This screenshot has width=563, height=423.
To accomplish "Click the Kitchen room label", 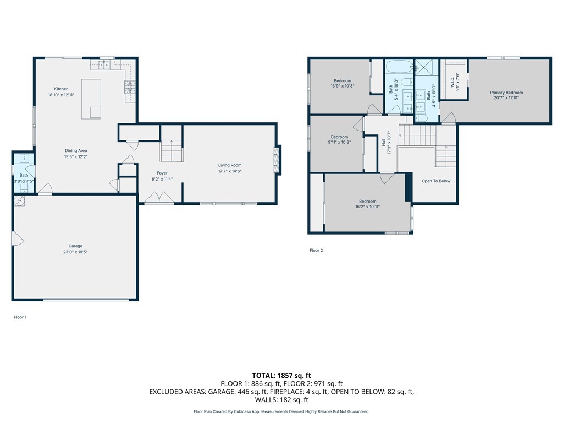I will [x=61, y=89].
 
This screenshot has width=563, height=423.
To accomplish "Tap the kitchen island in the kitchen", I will [x=91, y=99].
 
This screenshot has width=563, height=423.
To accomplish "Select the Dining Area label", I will [x=76, y=150].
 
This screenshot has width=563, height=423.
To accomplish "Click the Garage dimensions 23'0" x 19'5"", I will [x=75, y=252].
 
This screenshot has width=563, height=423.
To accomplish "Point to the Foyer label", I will [x=162, y=173].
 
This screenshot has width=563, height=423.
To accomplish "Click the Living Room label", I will [x=229, y=165].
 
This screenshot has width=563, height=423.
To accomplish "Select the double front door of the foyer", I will [x=159, y=198].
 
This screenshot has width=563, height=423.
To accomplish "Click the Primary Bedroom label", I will [x=506, y=93].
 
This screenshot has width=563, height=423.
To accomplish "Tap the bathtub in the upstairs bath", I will [x=399, y=68].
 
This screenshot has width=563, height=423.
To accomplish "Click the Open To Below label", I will [x=435, y=181].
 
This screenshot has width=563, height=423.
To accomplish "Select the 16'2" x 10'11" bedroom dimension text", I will [x=368, y=207].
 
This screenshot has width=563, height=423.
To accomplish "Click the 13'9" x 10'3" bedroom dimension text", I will [x=342, y=86].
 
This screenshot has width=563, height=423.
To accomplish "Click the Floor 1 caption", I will [x=20, y=317].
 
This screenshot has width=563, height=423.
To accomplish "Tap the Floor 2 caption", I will [x=316, y=250].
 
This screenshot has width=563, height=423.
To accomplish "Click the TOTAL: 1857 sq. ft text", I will [x=281, y=375].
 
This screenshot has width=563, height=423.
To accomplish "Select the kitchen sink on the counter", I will [x=104, y=65].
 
